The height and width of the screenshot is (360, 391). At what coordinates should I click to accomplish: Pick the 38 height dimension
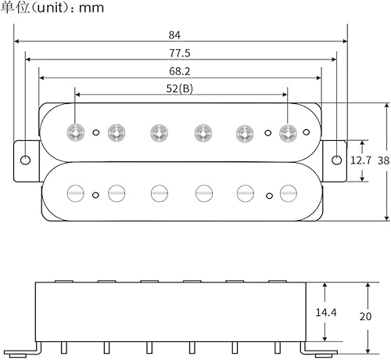(382, 160)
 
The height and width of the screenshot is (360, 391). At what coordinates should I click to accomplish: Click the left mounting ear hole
(25, 160)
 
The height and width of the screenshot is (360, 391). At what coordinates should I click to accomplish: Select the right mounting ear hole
(336, 160)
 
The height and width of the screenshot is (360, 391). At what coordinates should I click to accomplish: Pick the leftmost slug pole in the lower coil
(76, 191)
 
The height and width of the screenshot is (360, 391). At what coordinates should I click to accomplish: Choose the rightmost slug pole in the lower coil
(288, 191)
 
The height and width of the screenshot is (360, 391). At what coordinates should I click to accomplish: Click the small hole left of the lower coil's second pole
(95, 194)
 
